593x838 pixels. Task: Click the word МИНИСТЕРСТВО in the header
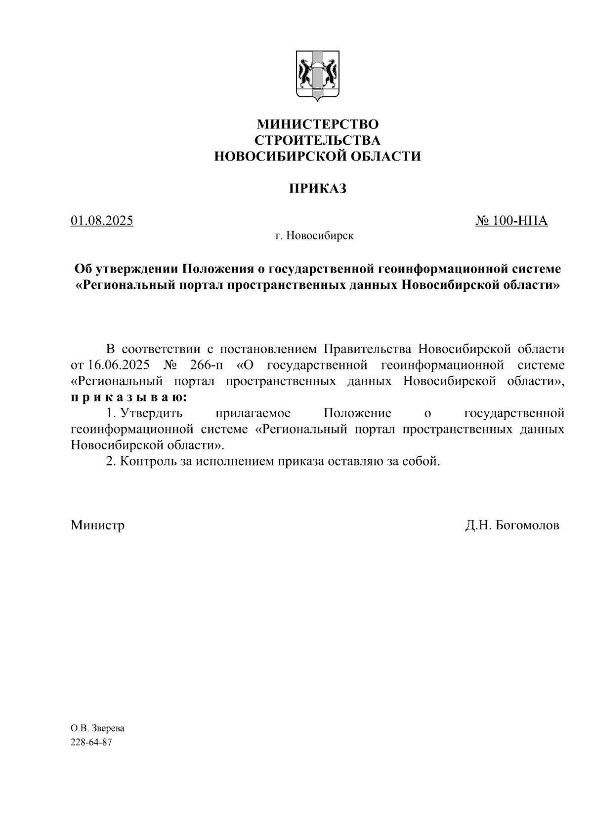point(317,123)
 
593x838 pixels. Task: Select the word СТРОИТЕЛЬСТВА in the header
point(317,140)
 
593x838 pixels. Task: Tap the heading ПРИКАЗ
point(317,188)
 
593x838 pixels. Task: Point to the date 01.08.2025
point(102,221)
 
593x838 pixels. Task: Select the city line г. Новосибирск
point(315,236)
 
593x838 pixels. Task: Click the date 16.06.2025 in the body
point(119,365)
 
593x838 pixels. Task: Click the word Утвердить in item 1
point(152,413)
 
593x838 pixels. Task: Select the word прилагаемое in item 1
point(253,413)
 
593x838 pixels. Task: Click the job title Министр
point(98,525)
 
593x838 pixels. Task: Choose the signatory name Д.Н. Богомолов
point(512,525)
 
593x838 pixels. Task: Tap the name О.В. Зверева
point(97,728)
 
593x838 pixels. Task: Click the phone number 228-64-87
point(91,743)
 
